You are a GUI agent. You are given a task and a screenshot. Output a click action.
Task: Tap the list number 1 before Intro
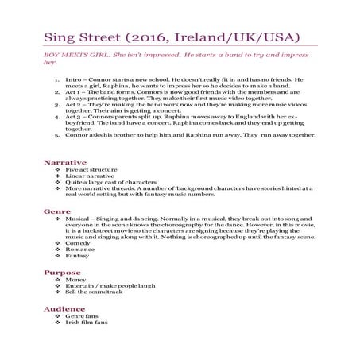click(60, 80)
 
